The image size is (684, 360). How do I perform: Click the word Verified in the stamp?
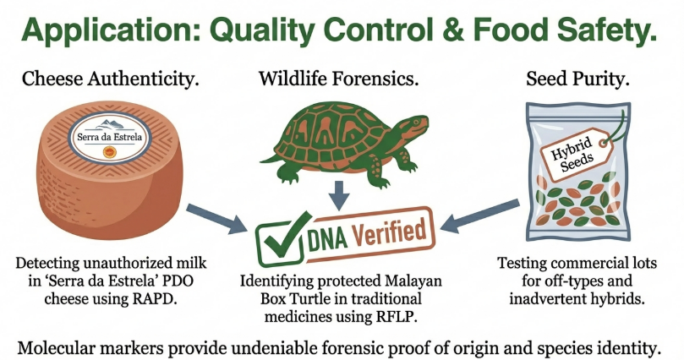point(388,233)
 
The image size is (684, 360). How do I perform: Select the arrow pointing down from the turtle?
point(340,195)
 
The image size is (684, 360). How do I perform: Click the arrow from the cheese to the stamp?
point(216,219)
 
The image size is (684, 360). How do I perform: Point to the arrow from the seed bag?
point(480,216)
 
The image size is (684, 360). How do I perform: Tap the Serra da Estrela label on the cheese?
point(110,137)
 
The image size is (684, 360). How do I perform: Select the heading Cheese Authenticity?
point(111,79)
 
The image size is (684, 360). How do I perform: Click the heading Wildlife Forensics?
point(339,79)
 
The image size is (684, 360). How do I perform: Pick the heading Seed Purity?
point(578,79)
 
